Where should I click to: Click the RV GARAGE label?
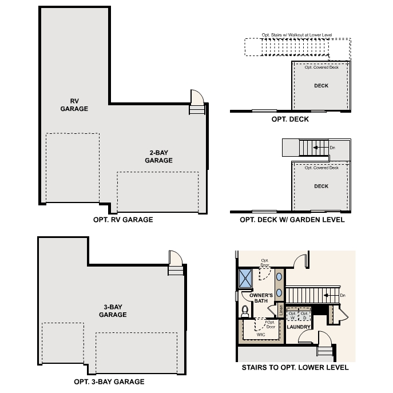(74, 105)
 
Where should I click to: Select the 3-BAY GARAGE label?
(113, 311)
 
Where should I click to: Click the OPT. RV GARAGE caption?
(122, 219)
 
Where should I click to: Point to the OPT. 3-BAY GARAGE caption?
(109, 382)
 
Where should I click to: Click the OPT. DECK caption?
(290, 120)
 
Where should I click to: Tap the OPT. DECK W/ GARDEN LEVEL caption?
(292, 220)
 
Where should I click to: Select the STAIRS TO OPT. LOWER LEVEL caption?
(295, 368)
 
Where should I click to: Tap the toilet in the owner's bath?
(245, 311)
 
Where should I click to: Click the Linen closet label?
(280, 309)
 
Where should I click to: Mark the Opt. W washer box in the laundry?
(292, 315)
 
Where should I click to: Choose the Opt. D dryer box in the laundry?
(304, 315)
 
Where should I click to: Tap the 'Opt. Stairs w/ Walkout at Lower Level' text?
(297, 35)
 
